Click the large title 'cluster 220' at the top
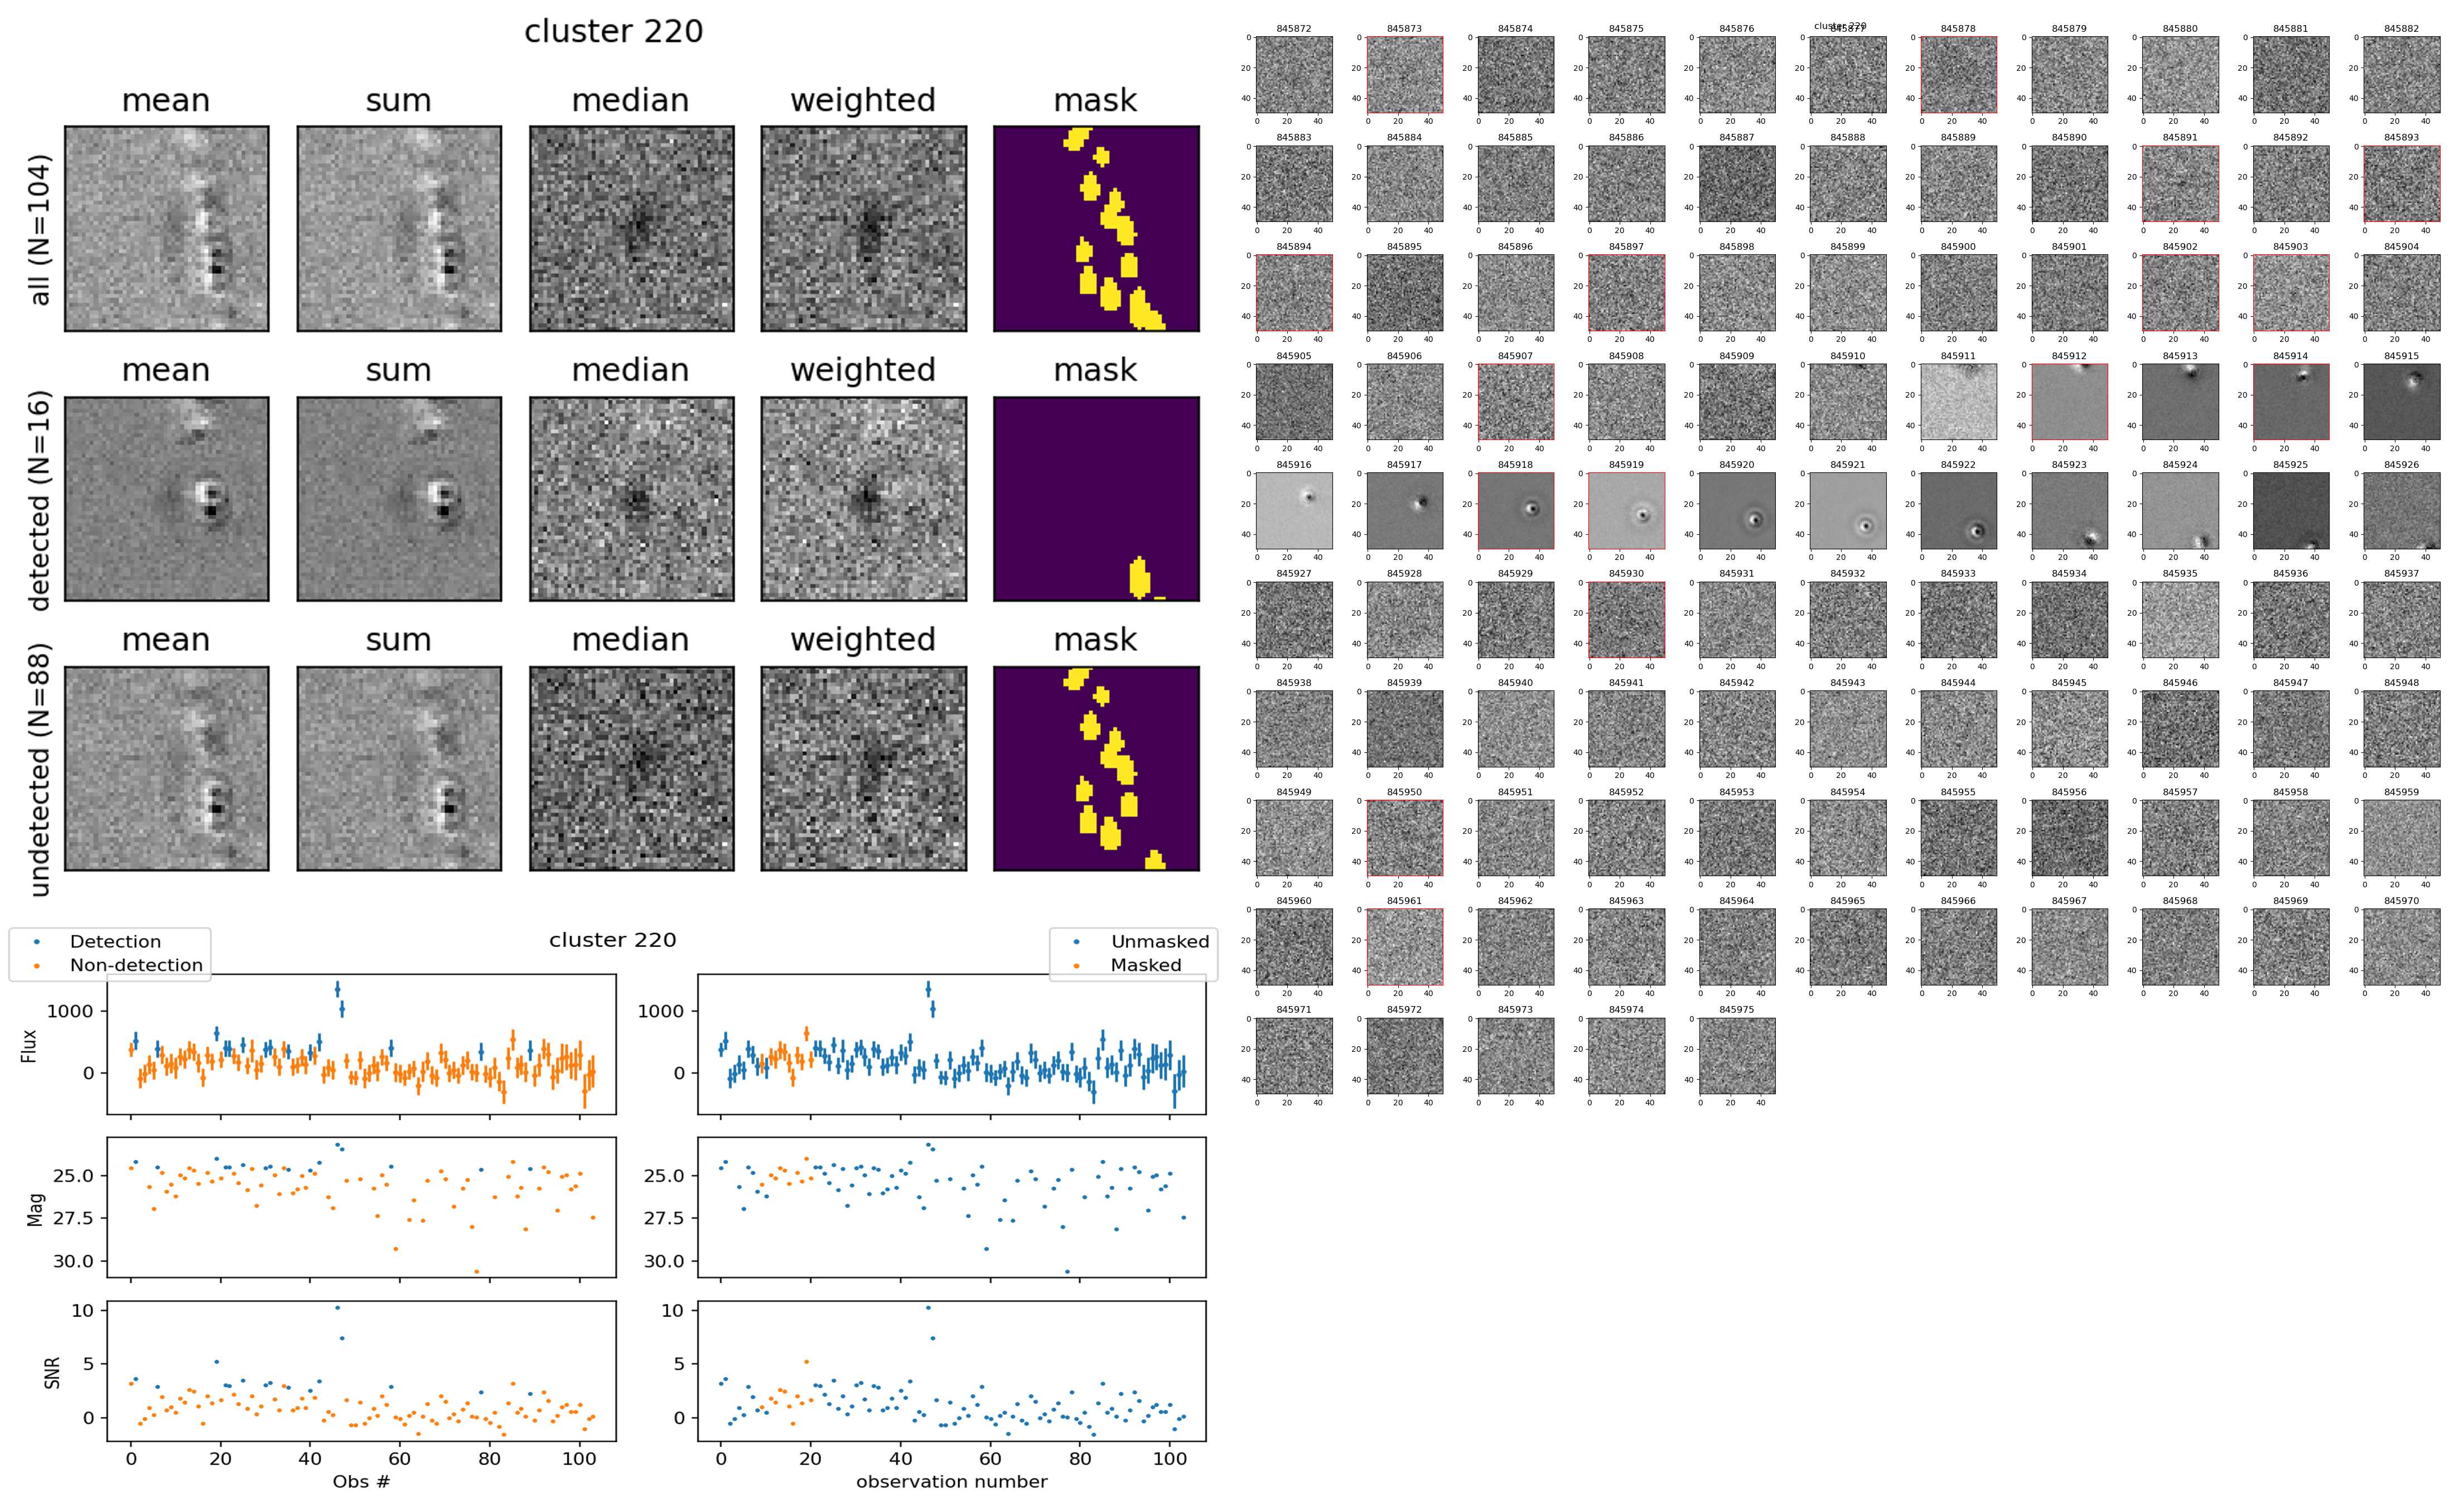[613, 32]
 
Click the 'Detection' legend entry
[115, 941]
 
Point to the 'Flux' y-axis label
[29, 1045]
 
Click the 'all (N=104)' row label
[39, 229]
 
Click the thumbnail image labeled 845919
[1626, 511]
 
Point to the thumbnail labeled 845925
[2291, 511]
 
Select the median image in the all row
[631, 229]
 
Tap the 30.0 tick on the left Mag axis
[73, 1261]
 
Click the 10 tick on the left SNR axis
[82, 1311]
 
